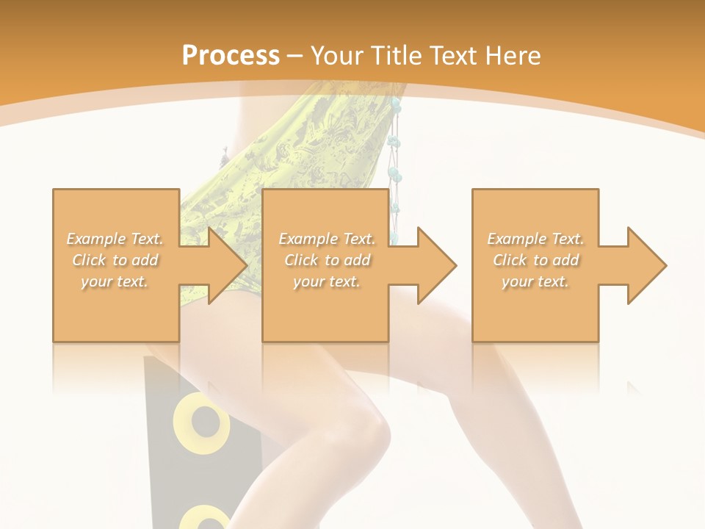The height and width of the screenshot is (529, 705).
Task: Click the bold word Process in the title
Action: click(231, 55)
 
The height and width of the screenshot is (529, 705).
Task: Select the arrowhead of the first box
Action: click(224, 265)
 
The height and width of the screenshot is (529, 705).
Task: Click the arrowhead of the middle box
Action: click(434, 265)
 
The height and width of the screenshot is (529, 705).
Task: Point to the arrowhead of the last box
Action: click(644, 265)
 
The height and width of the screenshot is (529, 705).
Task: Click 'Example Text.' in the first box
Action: click(115, 239)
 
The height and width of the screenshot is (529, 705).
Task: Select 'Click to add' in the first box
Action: click(115, 260)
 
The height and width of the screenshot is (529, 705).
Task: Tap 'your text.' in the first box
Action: click(115, 281)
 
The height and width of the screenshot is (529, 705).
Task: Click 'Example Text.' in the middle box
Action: click(327, 239)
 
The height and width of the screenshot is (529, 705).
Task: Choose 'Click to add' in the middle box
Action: click(327, 260)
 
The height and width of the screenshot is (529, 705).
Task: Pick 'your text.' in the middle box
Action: click(327, 281)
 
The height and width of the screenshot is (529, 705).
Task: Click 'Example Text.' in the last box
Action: click(535, 239)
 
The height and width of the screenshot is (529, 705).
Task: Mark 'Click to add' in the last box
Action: click(535, 260)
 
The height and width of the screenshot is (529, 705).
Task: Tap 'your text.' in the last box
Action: click(535, 281)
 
